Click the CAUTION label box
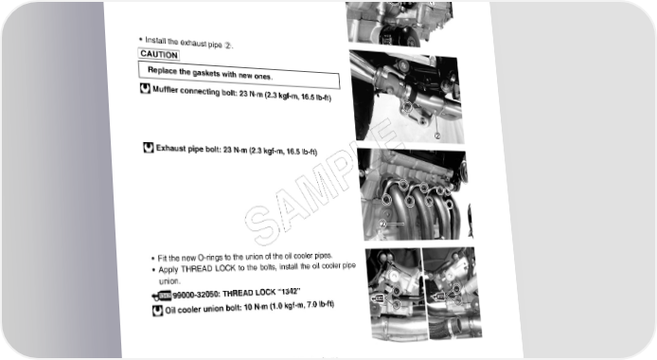pyautogui.click(x=159, y=55)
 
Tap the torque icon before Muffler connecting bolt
pyautogui.click(x=145, y=88)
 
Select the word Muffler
pyautogui.click(x=165, y=90)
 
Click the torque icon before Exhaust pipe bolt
pyautogui.click(x=149, y=148)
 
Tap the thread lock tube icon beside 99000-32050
pyautogui.click(x=162, y=296)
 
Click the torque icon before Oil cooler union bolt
pyautogui.click(x=157, y=311)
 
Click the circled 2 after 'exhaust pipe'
pyautogui.click(x=227, y=45)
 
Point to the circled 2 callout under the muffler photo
pyautogui.click(x=437, y=135)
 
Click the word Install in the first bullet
pyautogui.click(x=155, y=41)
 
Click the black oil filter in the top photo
pyautogui.click(x=399, y=35)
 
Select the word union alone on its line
pyautogui.click(x=169, y=281)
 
